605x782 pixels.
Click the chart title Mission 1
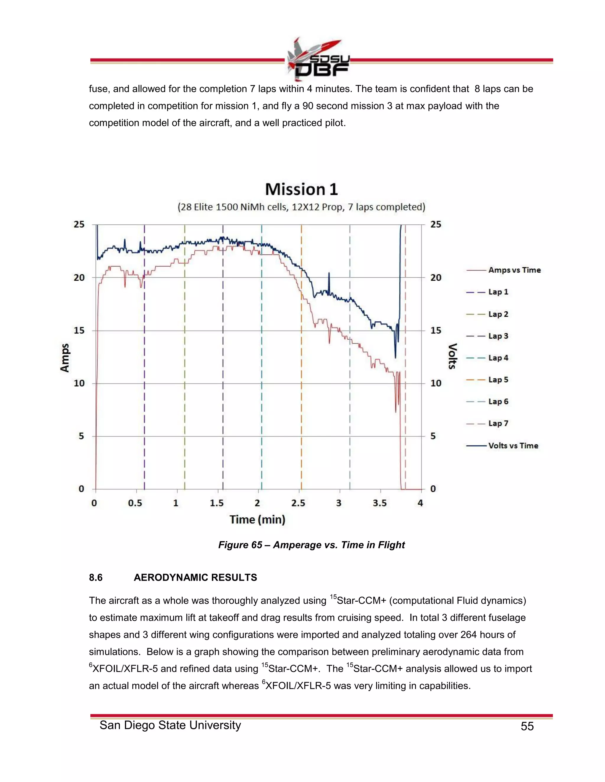[x=301, y=189]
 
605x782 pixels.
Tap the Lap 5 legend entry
[x=498, y=379]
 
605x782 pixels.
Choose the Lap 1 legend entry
[x=498, y=292]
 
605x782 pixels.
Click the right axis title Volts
[x=453, y=356]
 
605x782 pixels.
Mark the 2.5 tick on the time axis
[x=298, y=503]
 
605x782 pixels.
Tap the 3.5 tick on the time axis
[x=380, y=503]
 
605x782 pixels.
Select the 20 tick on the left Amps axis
[x=79, y=277]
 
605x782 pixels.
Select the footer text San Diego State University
[x=170, y=725]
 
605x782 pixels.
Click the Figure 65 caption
[x=311, y=545]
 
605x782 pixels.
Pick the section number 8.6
[x=96, y=577]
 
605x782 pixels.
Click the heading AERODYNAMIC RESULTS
[x=195, y=577]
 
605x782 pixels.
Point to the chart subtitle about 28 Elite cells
[x=301, y=207]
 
